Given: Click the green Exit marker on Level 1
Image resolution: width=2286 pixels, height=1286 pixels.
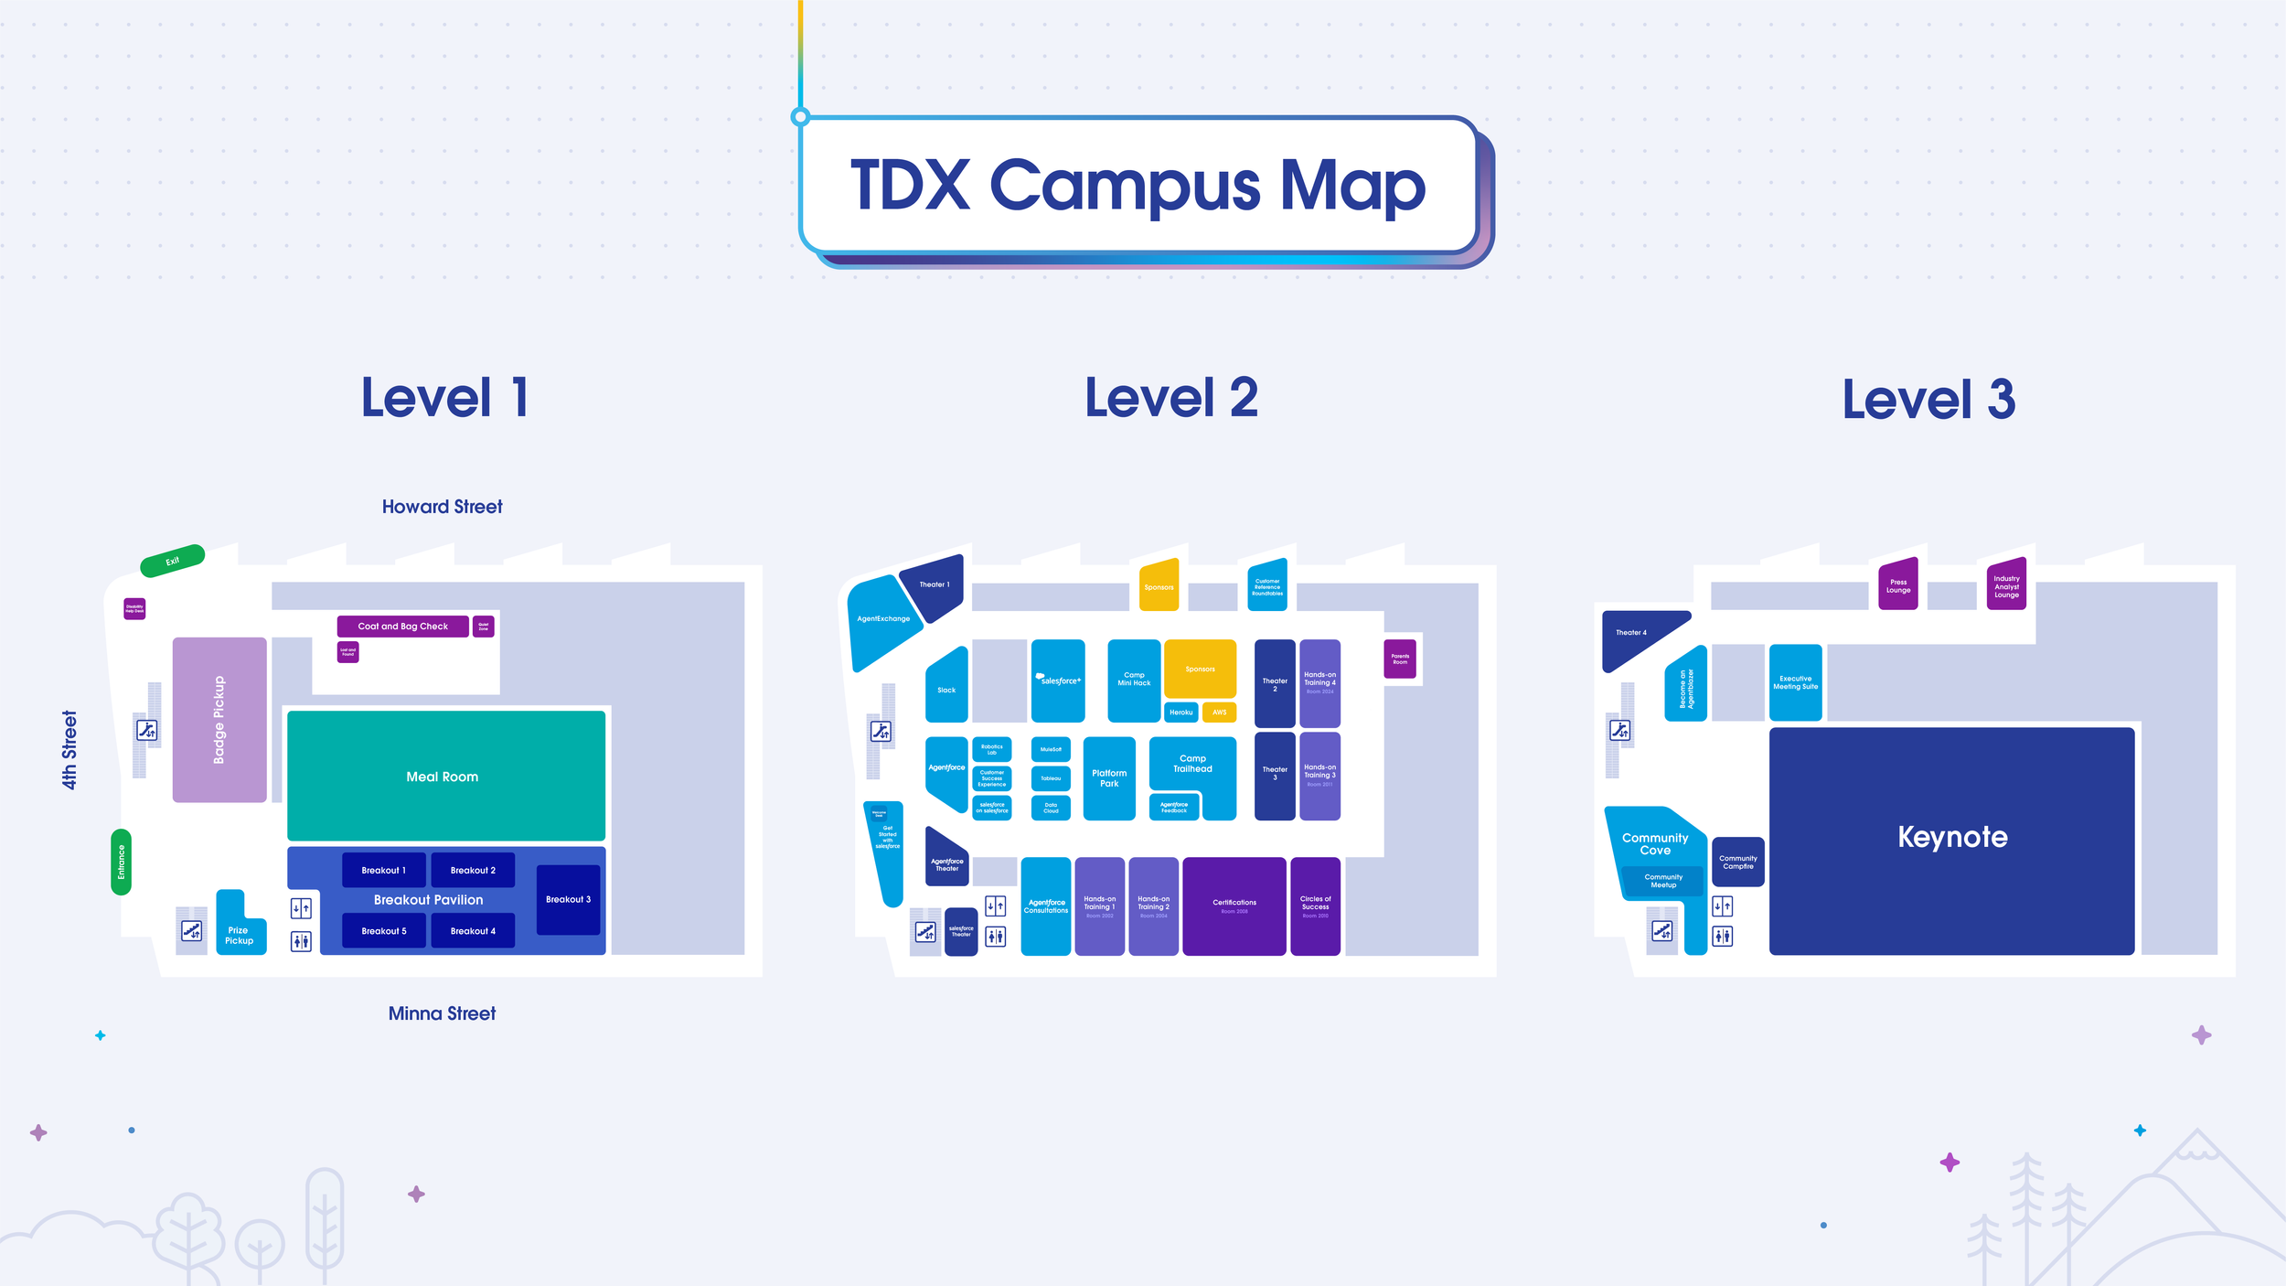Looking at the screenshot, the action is click(x=172, y=561).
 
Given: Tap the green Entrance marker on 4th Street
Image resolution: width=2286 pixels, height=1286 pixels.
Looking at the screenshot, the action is click(x=121, y=862).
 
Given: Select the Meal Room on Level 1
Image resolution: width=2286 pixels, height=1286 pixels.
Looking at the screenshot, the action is click(x=445, y=776).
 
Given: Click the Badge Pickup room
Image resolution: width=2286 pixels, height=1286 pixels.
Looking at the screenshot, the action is click(x=219, y=720).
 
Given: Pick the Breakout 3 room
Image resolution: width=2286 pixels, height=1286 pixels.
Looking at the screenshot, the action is click(x=568, y=899).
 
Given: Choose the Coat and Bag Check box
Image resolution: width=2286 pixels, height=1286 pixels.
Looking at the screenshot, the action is click(x=402, y=627).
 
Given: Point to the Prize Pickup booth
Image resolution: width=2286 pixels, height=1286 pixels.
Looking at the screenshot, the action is click(x=239, y=934).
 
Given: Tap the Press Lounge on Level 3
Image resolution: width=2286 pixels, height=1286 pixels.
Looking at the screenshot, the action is click(x=1898, y=585).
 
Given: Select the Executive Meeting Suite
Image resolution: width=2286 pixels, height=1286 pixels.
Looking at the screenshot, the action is click(x=1795, y=682).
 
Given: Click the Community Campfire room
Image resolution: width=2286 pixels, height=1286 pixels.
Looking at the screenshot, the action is click(x=1737, y=862).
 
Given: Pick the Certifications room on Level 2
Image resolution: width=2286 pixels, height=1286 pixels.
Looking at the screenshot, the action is click(x=1234, y=906).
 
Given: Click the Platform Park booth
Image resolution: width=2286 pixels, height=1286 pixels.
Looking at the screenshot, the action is click(x=1108, y=778).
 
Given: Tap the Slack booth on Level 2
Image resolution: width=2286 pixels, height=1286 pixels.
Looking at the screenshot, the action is click(x=946, y=688).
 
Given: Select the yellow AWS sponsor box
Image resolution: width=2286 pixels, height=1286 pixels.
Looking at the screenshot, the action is click(x=1219, y=712).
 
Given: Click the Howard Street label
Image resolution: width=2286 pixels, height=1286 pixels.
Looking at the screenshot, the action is click(x=442, y=507).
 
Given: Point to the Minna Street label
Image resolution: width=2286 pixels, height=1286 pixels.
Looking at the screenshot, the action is click(x=442, y=1013).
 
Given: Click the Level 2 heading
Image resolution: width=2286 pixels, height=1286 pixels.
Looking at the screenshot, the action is click(x=1170, y=398).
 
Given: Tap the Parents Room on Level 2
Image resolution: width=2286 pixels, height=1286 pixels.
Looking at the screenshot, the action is click(x=1399, y=659).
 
